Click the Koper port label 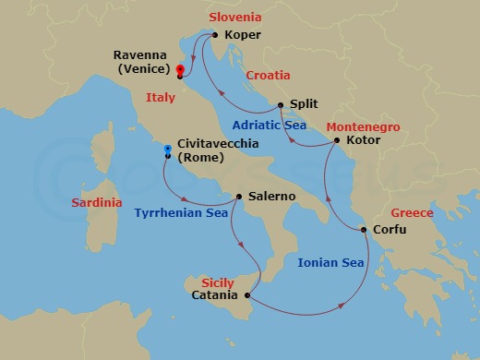pyautogui.click(x=243, y=36)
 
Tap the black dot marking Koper pyautogui.click(x=215, y=36)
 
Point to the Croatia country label pyautogui.click(x=268, y=76)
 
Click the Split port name pyautogui.click(x=305, y=105)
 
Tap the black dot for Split pyautogui.click(x=281, y=105)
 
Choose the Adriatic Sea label pyautogui.click(x=270, y=125)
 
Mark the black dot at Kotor pyautogui.click(x=337, y=141)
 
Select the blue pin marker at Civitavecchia pyautogui.click(x=167, y=149)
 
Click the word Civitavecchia pyautogui.click(x=219, y=143)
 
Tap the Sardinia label pyautogui.click(x=97, y=202)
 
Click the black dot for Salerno pyautogui.click(x=239, y=197)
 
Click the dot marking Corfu pyautogui.click(x=364, y=230)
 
